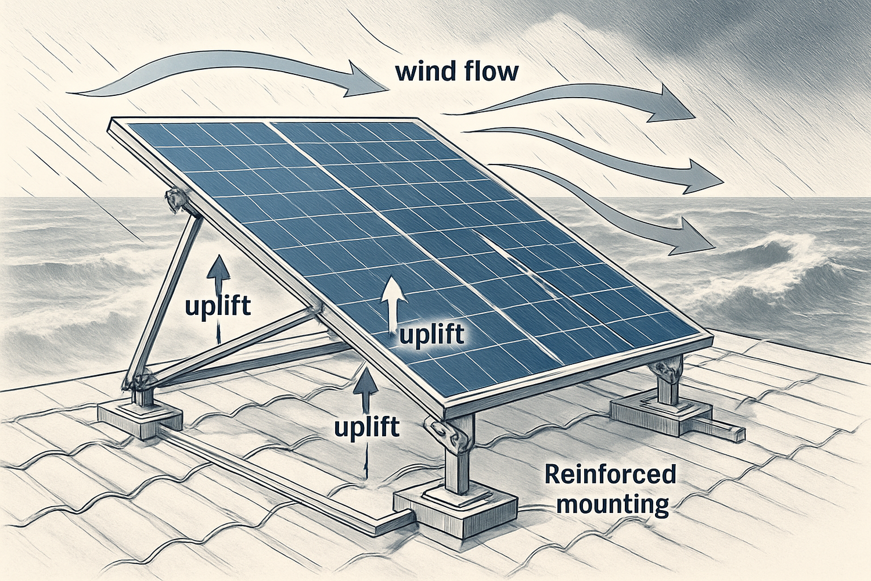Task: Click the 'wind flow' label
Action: (x=456, y=72)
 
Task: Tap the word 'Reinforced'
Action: (x=610, y=474)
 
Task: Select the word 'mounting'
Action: (x=613, y=504)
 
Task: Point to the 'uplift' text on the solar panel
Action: (x=432, y=335)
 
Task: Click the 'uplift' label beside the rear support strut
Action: (x=218, y=306)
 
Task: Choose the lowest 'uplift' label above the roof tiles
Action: (x=366, y=427)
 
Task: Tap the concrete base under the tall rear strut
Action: (x=139, y=418)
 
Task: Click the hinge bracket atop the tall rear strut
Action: (x=176, y=199)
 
